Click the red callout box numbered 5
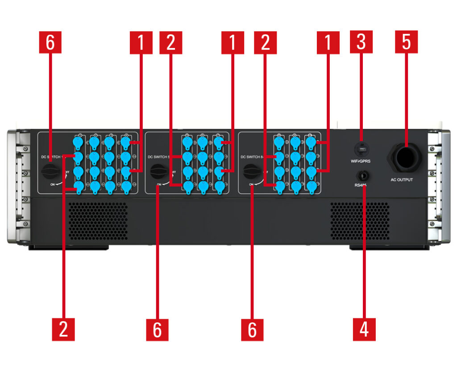(x=406, y=42)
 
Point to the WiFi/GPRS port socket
(x=361, y=148)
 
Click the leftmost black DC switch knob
(x=50, y=171)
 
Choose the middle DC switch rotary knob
(x=158, y=171)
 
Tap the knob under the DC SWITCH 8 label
(x=251, y=171)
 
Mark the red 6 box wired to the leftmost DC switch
(x=50, y=42)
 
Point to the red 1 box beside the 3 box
(x=328, y=42)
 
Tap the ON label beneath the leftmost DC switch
(x=53, y=184)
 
